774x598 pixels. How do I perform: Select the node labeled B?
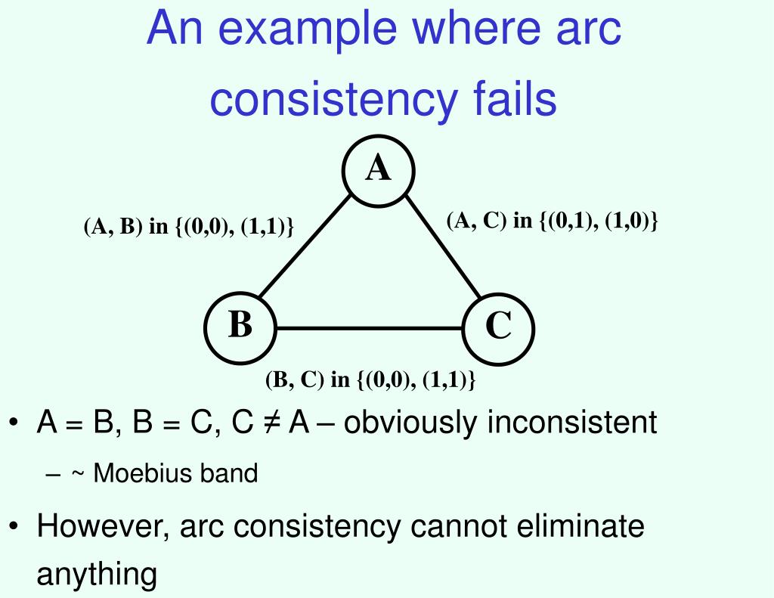tap(240, 327)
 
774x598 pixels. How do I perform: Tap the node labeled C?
tap(498, 327)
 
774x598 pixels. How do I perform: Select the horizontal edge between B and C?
tap(370, 329)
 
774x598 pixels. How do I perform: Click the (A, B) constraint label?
tap(188, 227)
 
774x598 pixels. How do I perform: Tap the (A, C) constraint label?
tap(553, 220)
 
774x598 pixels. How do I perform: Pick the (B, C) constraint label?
tap(370, 380)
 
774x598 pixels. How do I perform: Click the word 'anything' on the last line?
tap(97, 575)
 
